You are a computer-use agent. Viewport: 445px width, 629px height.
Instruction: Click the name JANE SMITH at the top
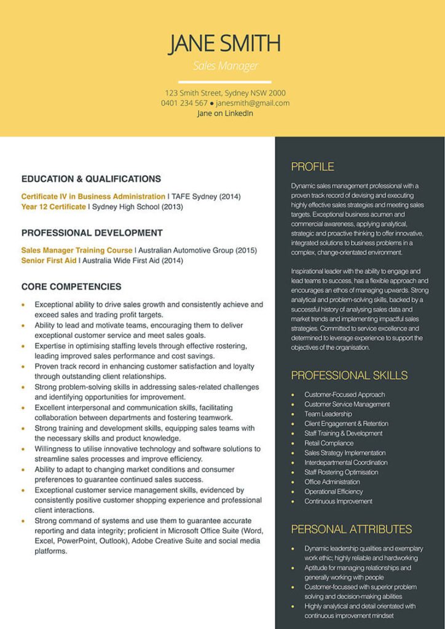tap(224, 43)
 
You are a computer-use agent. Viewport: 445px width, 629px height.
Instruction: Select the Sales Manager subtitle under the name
tap(225, 66)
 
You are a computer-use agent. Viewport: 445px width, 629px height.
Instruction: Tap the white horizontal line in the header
tap(224, 81)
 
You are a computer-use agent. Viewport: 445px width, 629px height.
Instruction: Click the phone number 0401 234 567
tap(184, 103)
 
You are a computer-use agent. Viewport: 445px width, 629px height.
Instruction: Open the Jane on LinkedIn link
tap(225, 113)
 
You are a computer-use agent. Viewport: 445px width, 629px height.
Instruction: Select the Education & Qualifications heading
tap(91, 179)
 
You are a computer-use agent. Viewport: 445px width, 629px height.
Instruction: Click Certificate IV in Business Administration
tap(93, 197)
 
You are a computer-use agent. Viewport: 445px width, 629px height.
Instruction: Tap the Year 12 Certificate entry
tap(53, 207)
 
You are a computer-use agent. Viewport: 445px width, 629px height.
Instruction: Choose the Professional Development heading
tap(92, 233)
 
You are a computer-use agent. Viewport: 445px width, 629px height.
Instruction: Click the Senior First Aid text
tap(49, 260)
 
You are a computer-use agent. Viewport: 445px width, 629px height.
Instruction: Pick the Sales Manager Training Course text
tap(77, 251)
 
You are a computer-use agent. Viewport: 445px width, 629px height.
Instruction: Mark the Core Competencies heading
tap(71, 287)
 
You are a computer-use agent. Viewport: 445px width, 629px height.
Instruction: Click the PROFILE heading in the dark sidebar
tap(312, 166)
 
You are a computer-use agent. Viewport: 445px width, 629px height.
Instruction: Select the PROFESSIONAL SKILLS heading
tap(349, 375)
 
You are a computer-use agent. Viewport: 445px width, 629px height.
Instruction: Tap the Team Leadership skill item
tap(328, 414)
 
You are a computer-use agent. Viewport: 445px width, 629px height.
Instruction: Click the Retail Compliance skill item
tap(329, 443)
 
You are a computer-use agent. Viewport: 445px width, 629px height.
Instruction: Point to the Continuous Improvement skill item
tap(338, 501)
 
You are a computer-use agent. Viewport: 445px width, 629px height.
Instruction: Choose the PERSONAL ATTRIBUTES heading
tap(351, 529)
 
